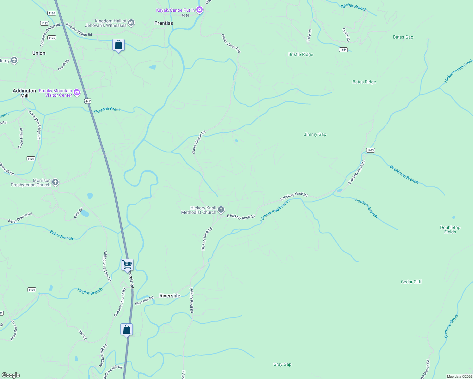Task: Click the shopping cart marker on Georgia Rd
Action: [x=127, y=265]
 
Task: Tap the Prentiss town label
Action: [x=163, y=23]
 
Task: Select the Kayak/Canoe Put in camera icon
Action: [x=199, y=10]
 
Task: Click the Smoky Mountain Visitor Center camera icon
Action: [x=77, y=93]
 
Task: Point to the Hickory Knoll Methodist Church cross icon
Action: [x=221, y=209]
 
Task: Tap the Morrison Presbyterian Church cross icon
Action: [x=55, y=182]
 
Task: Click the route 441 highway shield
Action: [x=88, y=101]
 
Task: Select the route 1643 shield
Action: [x=370, y=150]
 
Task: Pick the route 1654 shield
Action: [x=343, y=50]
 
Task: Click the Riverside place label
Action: [x=170, y=296]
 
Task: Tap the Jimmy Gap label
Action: [x=315, y=134]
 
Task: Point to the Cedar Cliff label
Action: [x=411, y=282]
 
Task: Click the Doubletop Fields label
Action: [x=450, y=230]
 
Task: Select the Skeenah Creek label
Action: [x=107, y=109]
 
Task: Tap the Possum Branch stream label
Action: [x=366, y=208]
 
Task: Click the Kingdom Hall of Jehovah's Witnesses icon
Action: [x=131, y=23]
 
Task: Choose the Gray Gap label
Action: [x=282, y=364]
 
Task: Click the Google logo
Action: [x=11, y=375]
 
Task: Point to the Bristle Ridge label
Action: [x=301, y=54]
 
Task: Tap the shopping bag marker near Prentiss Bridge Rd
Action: [x=119, y=45]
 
